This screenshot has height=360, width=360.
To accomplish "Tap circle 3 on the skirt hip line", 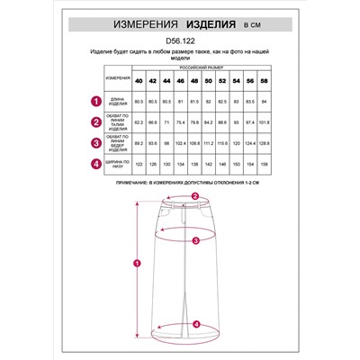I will coord(195,239).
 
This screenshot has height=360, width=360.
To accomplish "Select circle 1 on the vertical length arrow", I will coord(136,263).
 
